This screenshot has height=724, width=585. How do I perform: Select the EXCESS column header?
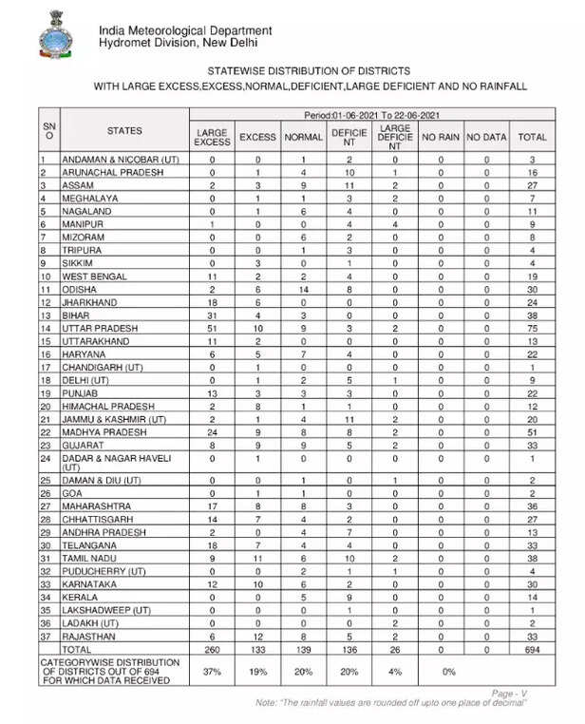[x=257, y=137]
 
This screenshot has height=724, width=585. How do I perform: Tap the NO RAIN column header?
[x=441, y=137]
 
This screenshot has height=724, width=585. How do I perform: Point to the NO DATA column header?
[x=486, y=137]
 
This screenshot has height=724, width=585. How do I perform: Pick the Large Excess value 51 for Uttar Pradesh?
[x=212, y=328]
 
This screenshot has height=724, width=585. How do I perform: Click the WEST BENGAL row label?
[x=96, y=276]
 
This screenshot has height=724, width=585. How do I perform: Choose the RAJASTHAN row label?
[x=93, y=636]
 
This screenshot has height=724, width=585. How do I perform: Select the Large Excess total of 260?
[x=212, y=648]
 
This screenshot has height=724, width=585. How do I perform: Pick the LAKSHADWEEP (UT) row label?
[x=106, y=609]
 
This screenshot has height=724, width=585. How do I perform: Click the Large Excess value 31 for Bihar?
[x=212, y=314]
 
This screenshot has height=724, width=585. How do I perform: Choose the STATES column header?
[x=124, y=130]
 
